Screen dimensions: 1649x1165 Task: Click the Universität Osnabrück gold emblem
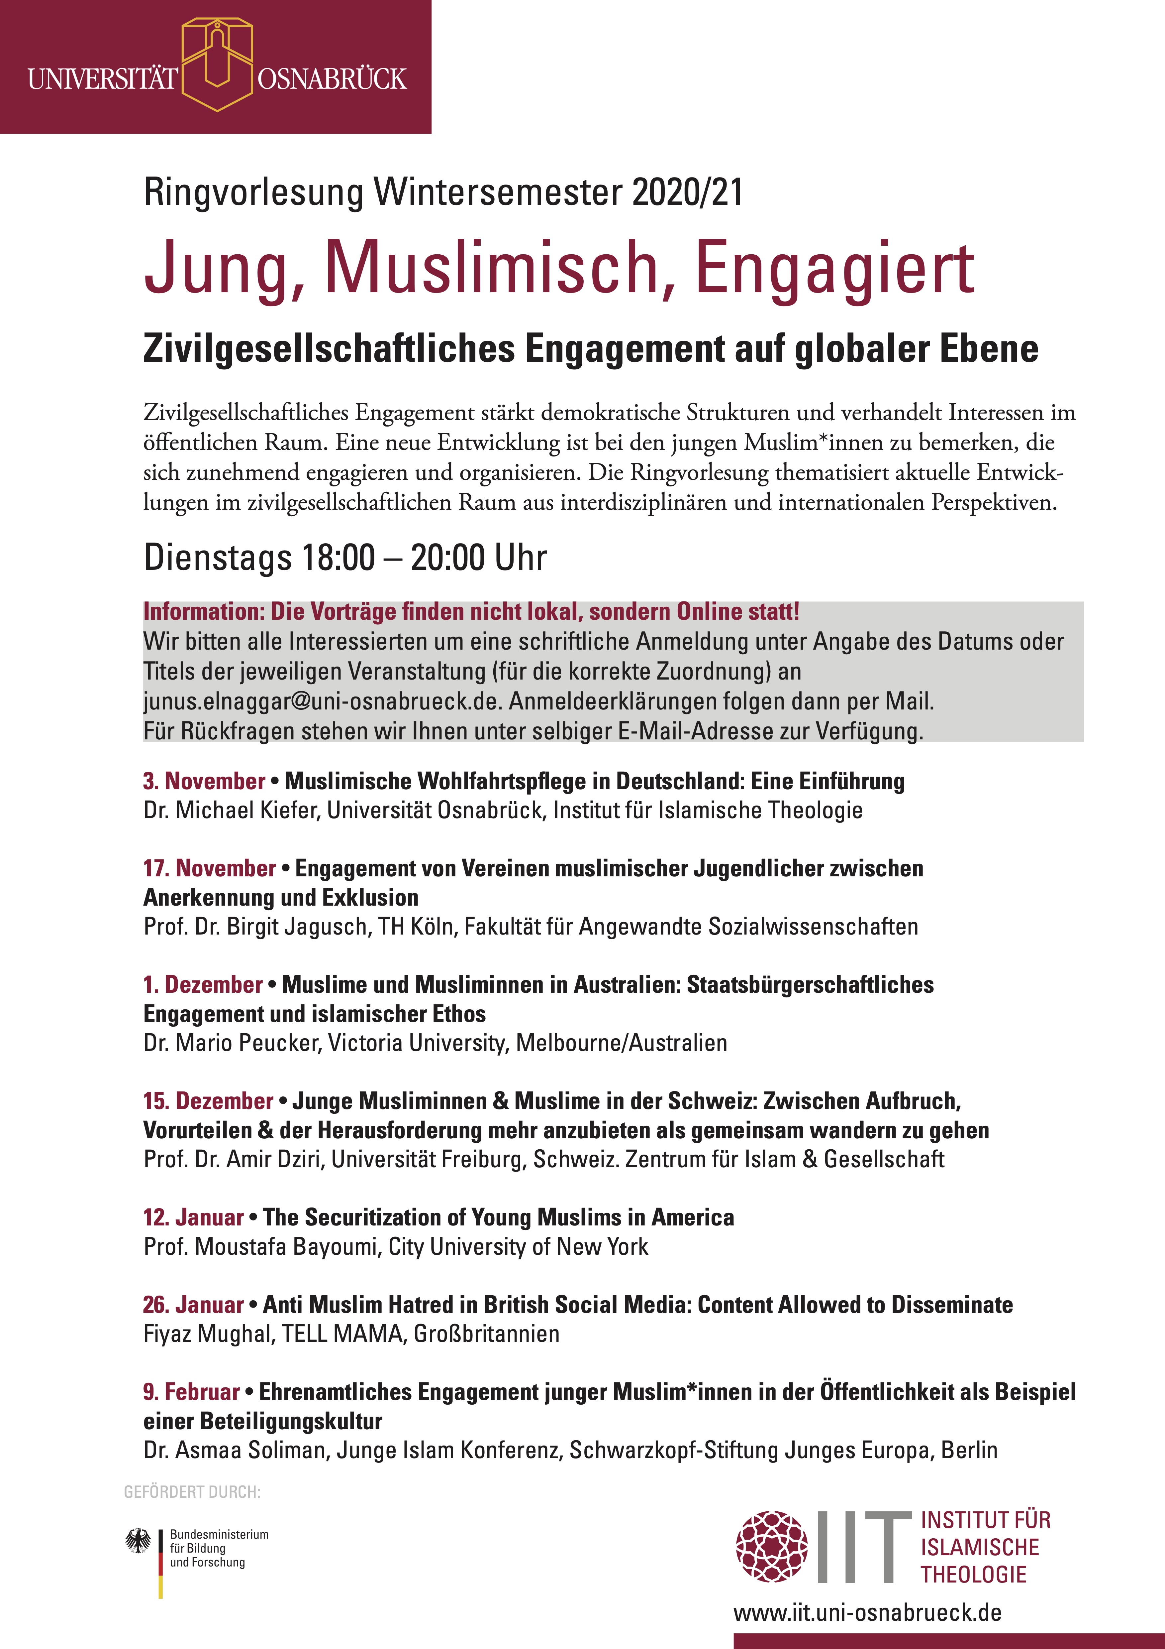click(217, 64)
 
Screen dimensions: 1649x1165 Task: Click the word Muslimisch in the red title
click(491, 267)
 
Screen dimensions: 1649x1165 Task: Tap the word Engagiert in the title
click(834, 269)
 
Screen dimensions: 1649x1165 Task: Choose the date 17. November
click(210, 868)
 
